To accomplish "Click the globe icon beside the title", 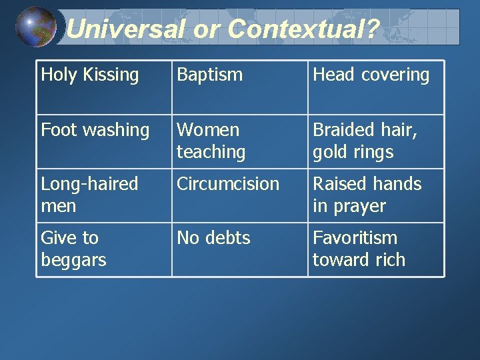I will pos(36,27).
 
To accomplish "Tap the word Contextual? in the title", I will pos(303,29).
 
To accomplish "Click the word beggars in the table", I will pos(73,260).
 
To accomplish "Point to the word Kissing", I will pos(112,75).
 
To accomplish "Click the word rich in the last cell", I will pos(390,259).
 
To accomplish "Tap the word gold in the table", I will pos(330,152).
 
